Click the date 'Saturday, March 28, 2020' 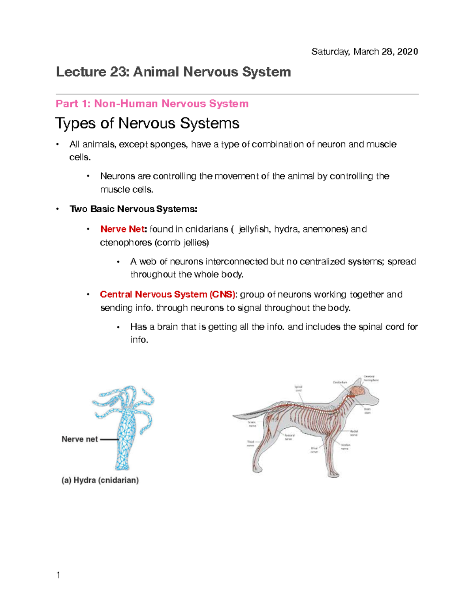pos(364,52)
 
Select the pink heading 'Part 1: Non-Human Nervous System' pos(152,104)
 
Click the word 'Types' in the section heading pos(75,123)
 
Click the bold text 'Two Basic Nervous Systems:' pos(133,209)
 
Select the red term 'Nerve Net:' pos(123,229)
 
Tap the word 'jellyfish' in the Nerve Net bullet pos(254,229)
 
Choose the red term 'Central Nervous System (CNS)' pos(167,295)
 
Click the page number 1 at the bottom pos(58,575)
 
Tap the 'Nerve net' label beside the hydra pos(80,439)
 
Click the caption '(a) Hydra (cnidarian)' pos(100,480)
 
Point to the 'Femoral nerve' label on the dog pos(289,437)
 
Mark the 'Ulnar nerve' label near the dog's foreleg pos(314,450)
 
